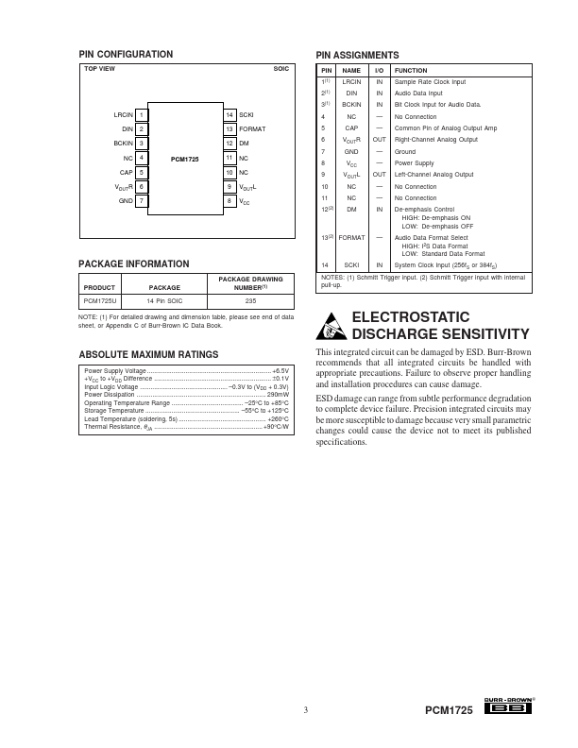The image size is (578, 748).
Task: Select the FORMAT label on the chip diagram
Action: pyautogui.click(x=251, y=128)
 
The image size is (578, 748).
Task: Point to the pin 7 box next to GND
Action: pyautogui.click(x=141, y=201)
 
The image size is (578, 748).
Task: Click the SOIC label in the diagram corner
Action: pyautogui.click(x=280, y=70)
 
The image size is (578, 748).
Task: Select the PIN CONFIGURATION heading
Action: pyautogui.click(x=125, y=54)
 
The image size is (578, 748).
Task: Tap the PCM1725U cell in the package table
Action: pyautogui.click(x=100, y=300)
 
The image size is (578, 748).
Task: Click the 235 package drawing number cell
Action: pyautogui.click(x=249, y=300)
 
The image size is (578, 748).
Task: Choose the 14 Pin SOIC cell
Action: pyautogui.click(x=164, y=300)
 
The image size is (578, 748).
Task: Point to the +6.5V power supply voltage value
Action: pyautogui.click(x=280, y=372)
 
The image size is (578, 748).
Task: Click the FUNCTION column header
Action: pyautogui.click(x=410, y=70)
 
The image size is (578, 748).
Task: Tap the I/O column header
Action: pyautogui.click(x=379, y=70)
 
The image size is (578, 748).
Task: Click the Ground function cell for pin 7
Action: pyautogui.click(x=404, y=151)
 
